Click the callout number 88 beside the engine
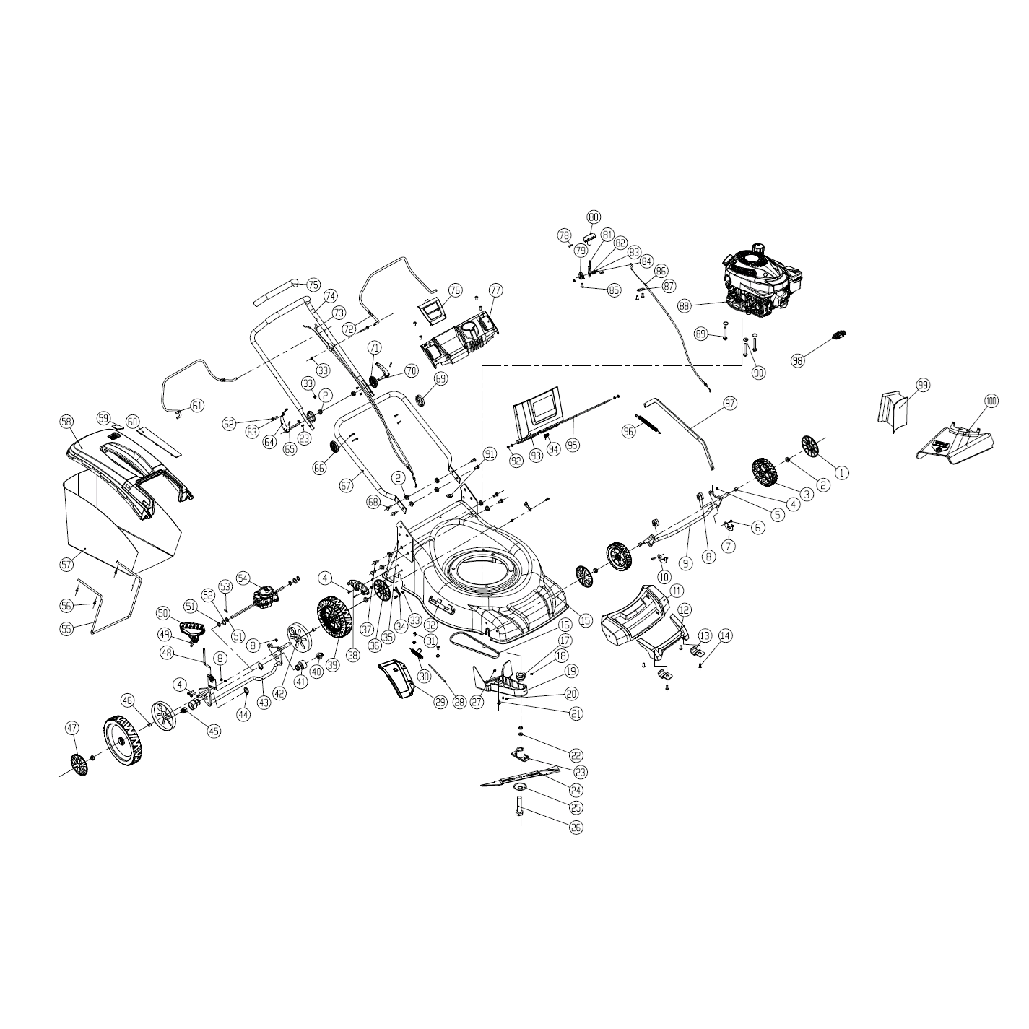[685, 305]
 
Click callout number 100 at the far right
[990, 401]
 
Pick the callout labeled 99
[922, 386]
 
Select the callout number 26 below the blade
[576, 828]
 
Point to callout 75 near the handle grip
[313, 285]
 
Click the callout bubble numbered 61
[197, 405]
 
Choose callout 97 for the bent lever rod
[730, 403]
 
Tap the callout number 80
[594, 217]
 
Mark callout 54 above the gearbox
[243, 578]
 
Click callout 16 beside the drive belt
[565, 624]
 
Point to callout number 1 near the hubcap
[841, 472]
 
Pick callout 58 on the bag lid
[66, 422]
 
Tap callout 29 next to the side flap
[420, 701]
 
